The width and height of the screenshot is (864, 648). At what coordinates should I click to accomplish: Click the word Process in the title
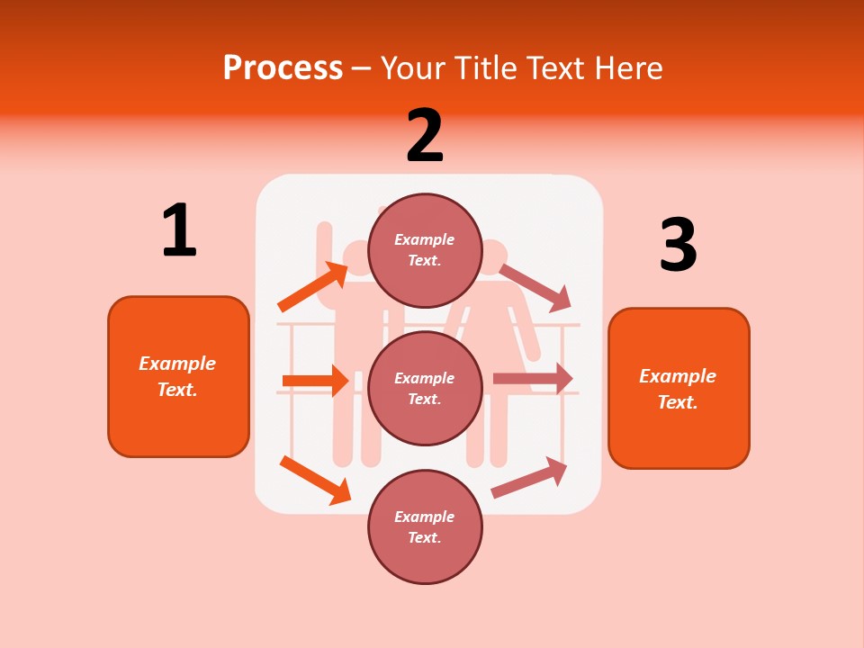click(283, 67)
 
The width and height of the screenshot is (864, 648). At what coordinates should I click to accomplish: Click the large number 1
click(179, 230)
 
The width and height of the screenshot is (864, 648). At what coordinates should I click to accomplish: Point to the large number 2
click(425, 136)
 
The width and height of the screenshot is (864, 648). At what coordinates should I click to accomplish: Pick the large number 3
click(678, 245)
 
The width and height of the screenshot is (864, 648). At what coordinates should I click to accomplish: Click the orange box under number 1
click(178, 376)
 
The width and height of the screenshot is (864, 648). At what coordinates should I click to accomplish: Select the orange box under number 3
click(679, 389)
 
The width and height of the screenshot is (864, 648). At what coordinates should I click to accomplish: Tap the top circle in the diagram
click(425, 250)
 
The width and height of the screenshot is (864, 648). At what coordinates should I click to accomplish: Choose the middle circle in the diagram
click(425, 388)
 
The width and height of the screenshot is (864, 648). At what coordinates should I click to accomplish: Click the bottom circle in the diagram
click(425, 526)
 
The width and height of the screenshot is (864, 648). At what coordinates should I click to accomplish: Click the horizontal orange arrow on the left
click(315, 381)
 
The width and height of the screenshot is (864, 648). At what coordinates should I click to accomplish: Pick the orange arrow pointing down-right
click(315, 480)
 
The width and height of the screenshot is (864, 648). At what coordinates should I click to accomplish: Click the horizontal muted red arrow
click(533, 379)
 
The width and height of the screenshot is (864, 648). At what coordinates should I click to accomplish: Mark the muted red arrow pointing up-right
click(529, 478)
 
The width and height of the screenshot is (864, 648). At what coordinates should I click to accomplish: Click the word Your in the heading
click(411, 67)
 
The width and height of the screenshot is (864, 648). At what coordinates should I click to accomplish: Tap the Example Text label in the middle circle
click(425, 388)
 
